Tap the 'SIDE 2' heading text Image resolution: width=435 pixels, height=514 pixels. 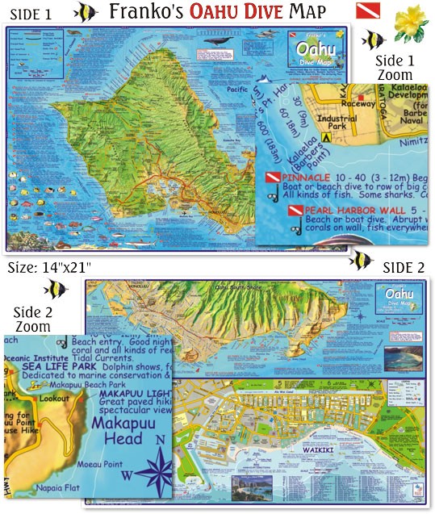point(404,267)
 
